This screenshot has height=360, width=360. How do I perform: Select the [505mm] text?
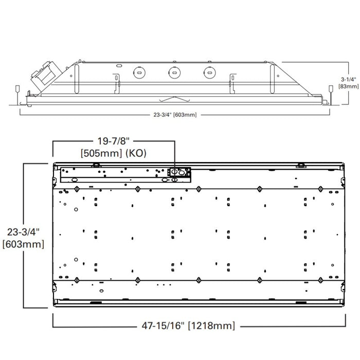coord(101,153)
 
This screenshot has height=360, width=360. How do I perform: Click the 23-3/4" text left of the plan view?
coord(23,232)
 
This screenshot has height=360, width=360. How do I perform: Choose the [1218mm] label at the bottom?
coord(211,325)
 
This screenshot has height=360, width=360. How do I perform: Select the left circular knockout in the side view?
coord(138,73)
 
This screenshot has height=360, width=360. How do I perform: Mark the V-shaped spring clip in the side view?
coord(173,99)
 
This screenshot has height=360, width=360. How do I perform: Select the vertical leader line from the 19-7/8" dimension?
coord(175,154)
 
